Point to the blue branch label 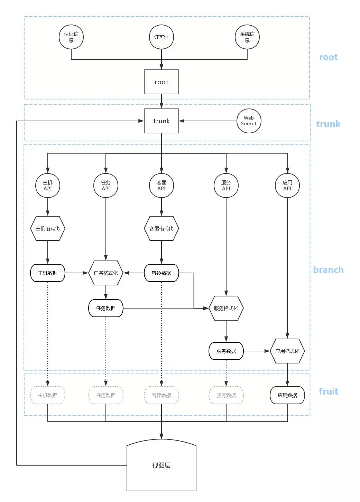pyautogui.click(x=329, y=269)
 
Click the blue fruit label pyautogui.click(x=329, y=391)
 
